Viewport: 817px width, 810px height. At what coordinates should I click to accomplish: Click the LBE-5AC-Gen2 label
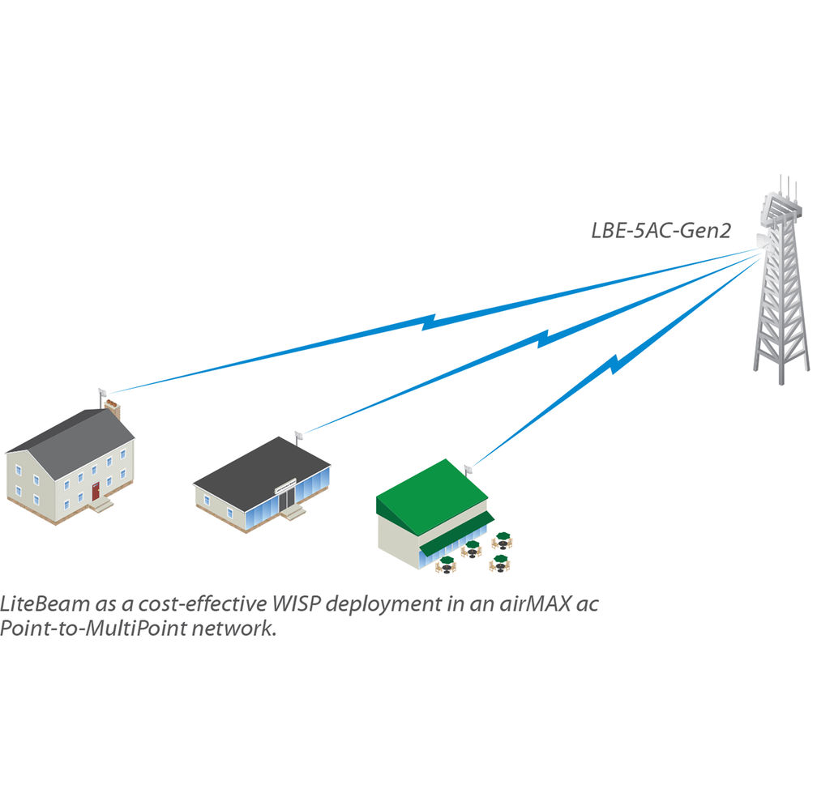[x=660, y=232]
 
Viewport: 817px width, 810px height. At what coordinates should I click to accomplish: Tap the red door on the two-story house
[x=96, y=490]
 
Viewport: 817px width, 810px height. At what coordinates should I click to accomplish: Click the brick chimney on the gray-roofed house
[x=113, y=409]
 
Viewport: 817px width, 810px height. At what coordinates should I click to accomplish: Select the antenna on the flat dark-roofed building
[x=298, y=436]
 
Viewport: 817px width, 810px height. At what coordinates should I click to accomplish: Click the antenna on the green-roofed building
[x=468, y=469]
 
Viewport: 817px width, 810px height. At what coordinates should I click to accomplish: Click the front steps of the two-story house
[x=102, y=505]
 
